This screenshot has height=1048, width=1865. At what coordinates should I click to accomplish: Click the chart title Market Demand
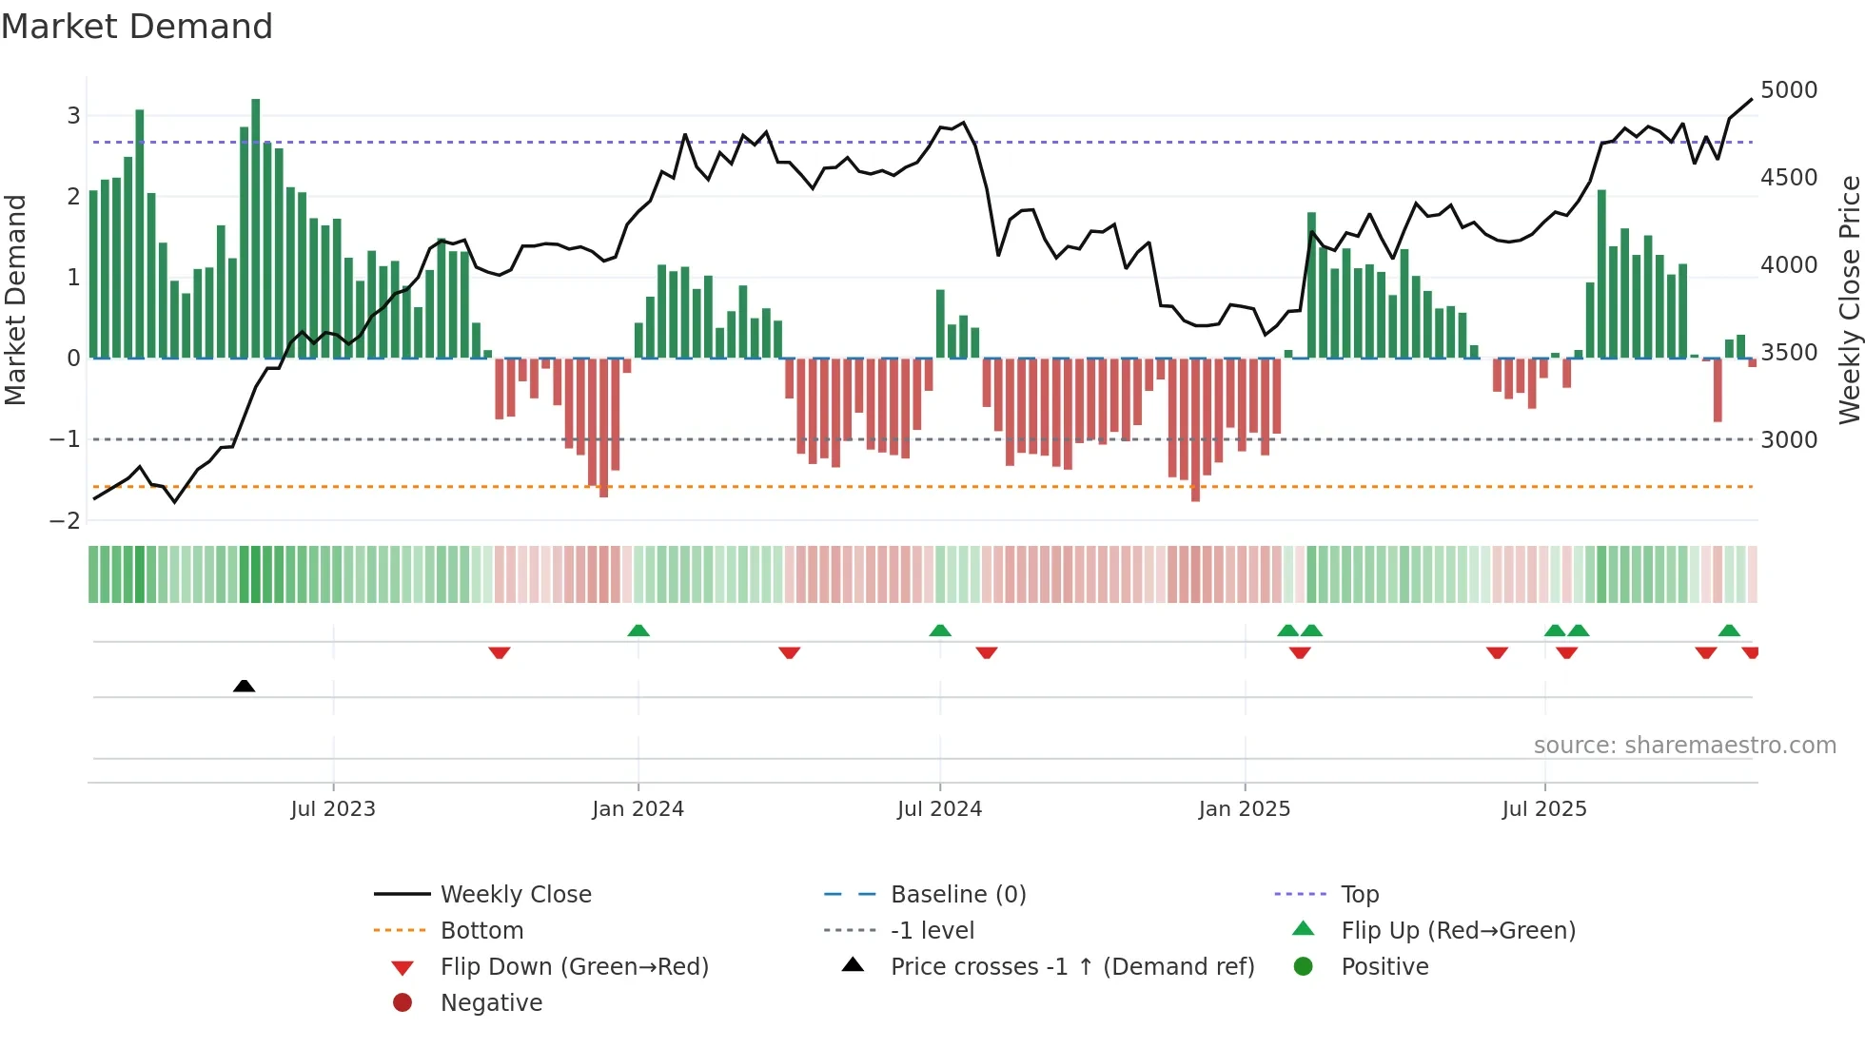pos(137,27)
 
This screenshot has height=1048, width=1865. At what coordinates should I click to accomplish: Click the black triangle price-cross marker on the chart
pos(244,686)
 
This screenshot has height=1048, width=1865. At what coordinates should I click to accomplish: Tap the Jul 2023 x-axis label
pos(333,809)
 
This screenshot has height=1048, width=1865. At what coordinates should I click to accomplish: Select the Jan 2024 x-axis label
pos(638,809)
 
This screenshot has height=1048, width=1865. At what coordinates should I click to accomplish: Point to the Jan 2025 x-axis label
pos(1244,809)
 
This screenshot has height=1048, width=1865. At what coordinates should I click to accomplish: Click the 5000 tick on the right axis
pos(1788,90)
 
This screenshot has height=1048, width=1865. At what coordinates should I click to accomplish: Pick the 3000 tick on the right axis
pos(1788,440)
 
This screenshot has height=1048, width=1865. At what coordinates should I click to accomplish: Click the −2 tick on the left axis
pos(65,521)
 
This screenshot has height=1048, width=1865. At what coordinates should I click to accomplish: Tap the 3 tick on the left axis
pos(73,116)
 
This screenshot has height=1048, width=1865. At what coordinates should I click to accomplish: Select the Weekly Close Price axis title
pos(1848,300)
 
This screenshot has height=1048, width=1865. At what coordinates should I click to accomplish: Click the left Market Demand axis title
pos(16,300)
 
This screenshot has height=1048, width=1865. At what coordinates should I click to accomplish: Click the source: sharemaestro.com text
pos(1684,746)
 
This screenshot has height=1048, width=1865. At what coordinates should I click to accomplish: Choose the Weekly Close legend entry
pos(515,895)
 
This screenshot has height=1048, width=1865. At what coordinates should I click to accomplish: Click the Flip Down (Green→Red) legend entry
pos(574,967)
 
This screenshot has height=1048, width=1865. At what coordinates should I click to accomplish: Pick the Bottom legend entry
pos(481,931)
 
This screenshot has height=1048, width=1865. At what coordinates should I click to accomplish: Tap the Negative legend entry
pos(491,1003)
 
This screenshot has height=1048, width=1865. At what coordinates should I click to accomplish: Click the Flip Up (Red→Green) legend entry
pos(1458,931)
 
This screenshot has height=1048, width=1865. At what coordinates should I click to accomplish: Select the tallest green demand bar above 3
pos(255,228)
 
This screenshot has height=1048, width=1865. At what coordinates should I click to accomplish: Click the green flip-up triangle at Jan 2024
pos(638,631)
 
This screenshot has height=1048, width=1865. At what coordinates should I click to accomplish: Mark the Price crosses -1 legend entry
pos(1071,967)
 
